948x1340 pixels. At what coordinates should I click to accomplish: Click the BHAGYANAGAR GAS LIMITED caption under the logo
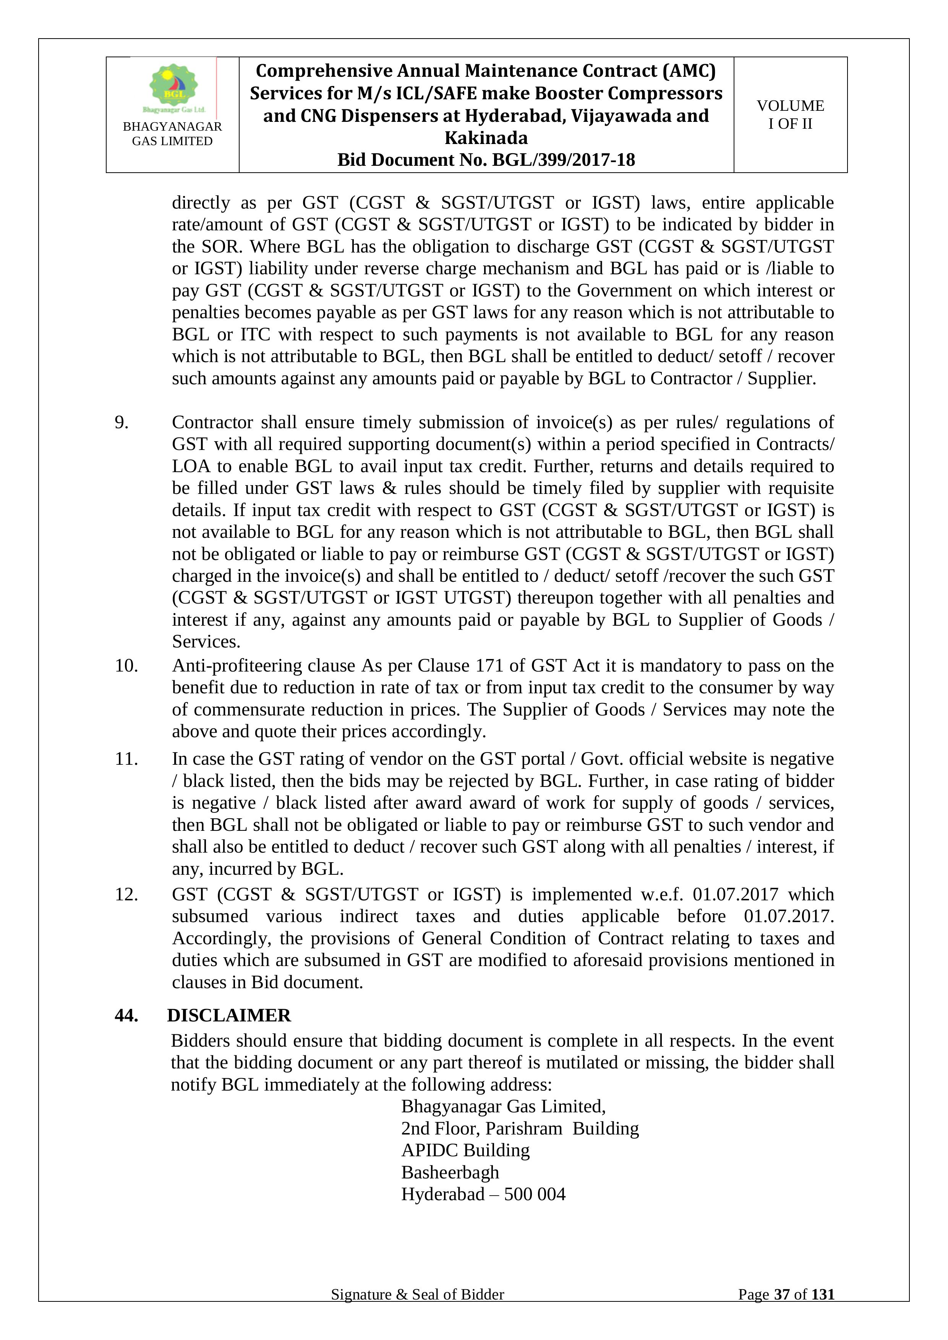172,134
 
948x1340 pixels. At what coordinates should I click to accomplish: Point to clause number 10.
126,665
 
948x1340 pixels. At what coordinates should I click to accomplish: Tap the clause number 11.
126,759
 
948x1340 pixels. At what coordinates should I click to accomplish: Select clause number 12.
126,894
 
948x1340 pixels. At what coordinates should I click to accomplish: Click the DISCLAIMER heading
229,1016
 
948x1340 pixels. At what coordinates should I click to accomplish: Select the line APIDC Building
465,1150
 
